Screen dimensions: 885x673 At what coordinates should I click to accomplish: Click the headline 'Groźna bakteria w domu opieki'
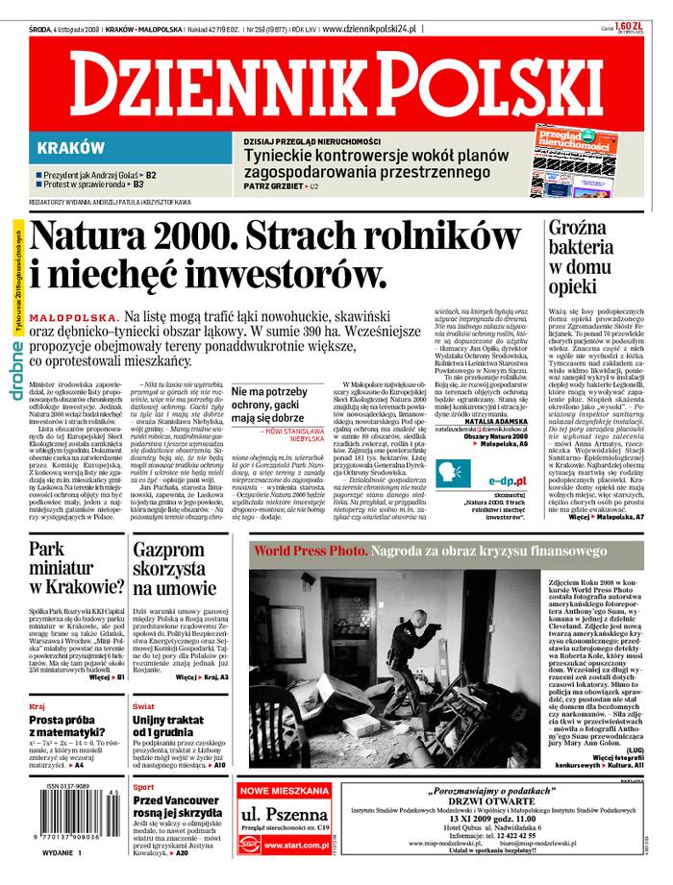581,259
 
